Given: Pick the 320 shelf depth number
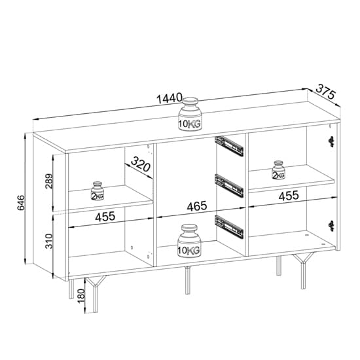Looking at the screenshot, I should click(141, 162).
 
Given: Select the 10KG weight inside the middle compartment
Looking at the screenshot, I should click(189, 242).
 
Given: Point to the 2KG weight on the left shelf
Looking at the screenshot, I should click(98, 190).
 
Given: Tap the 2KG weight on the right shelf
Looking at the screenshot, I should click(278, 170).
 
